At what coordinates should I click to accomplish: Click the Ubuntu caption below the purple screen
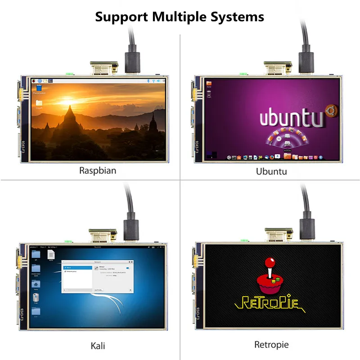coord(271,171)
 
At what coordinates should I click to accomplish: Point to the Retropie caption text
coord(271,345)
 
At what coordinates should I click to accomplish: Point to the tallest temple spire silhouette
coord(69,115)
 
